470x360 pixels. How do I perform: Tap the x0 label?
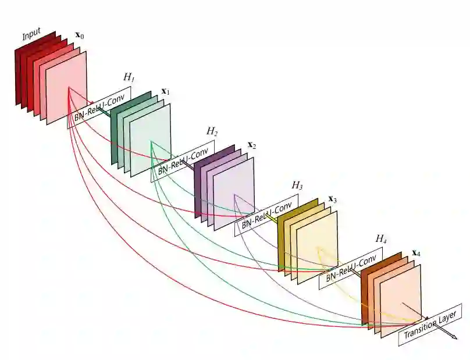point(79,37)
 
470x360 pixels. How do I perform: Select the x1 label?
point(165,92)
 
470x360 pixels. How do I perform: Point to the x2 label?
point(251,145)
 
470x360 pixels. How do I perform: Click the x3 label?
point(333,199)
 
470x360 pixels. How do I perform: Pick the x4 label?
point(416,253)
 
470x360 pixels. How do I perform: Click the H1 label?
point(129,77)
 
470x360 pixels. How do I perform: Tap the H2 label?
point(212,131)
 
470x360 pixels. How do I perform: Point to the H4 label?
point(381,238)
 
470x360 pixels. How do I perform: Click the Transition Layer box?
point(430,324)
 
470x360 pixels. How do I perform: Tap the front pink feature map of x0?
point(66,87)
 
